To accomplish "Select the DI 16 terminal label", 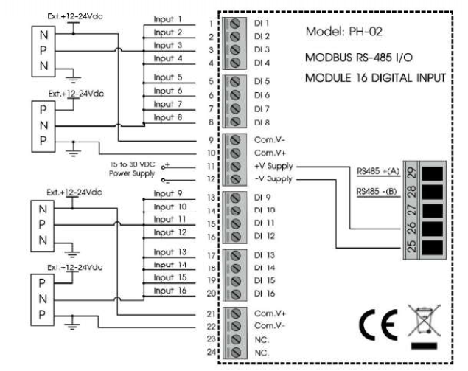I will tap(265, 294).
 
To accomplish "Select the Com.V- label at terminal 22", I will tap(266, 325).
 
